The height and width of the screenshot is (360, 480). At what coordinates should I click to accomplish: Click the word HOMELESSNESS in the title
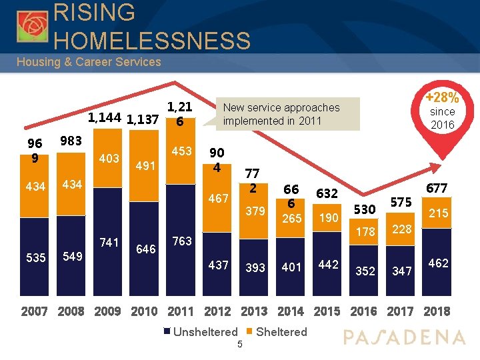click(x=152, y=41)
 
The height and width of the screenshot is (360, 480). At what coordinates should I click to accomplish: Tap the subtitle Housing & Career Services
click(x=89, y=62)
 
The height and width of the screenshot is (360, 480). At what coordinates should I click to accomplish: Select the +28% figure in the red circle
click(x=441, y=97)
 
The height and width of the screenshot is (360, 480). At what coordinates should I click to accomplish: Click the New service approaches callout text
click(x=281, y=114)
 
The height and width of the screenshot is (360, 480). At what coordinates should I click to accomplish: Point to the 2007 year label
click(x=34, y=311)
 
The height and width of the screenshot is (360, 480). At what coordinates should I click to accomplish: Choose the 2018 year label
click(x=437, y=311)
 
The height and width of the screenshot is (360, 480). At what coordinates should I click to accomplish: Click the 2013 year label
click(x=253, y=311)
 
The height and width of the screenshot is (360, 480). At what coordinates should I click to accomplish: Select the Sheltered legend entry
click(x=277, y=332)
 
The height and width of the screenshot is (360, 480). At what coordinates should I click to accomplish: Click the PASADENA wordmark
click(x=404, y=337)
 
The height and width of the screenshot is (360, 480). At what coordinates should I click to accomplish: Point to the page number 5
click(x=239, y=344)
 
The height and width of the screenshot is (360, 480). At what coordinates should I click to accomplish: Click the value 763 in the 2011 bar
click(x=183, y=241)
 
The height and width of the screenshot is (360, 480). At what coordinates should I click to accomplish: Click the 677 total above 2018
click(x=437, y=189)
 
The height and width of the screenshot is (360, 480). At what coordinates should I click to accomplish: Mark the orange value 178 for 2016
click(x=365, y=231)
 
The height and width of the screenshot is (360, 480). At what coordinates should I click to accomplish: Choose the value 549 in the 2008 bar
click(x=71, y=256)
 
